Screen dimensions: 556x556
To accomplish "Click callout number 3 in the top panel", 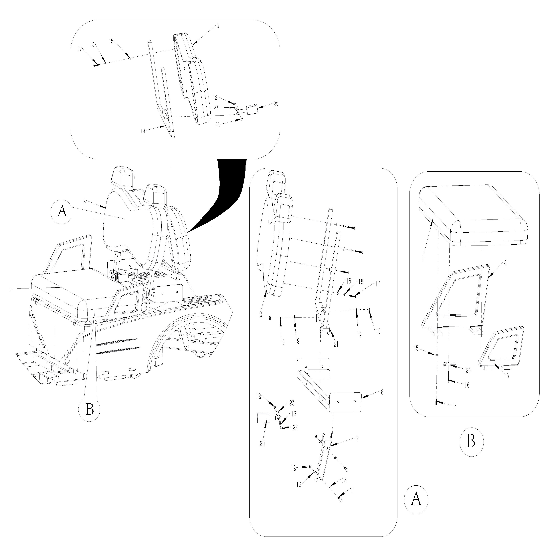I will coord(218,26).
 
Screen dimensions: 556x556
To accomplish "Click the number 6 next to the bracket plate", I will coord(382,392).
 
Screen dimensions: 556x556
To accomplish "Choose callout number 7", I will coord(357,439).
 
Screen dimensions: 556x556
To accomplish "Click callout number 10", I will coord(378,332).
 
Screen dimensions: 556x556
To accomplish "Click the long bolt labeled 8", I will coord(275,318).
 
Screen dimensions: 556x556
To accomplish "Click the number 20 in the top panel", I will coord(276,104).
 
